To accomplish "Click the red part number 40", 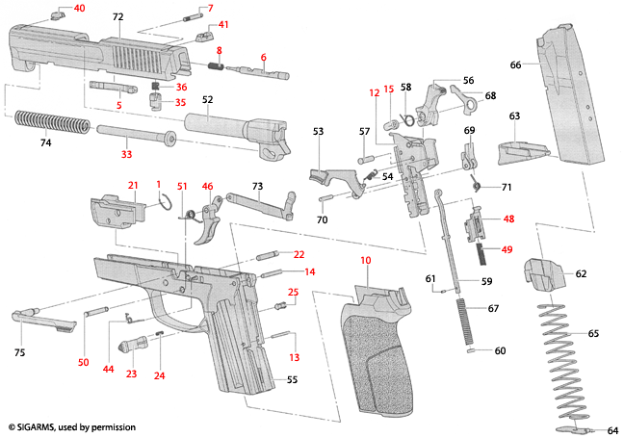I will pos(79,8).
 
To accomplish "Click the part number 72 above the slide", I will pos(117,17).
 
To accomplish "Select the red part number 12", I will pos(375,93).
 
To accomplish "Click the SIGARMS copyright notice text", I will pos(72,426).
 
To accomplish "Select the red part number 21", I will pos(134,185).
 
